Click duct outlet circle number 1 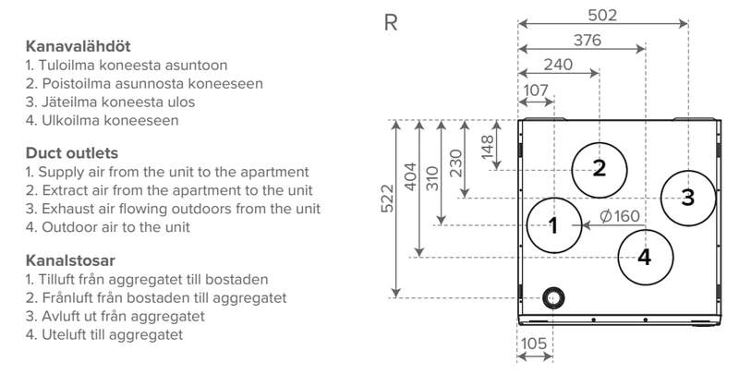click(554, 224)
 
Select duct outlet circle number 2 click(599, 168)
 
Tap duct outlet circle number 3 click(687, 196)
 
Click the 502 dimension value click(602, 15)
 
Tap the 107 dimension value click(536, 90)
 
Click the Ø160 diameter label click(619, 216)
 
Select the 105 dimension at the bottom click(533, 344)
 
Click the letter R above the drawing click(391, 22)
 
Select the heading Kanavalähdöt click(78, 45)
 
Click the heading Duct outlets click(70, 152)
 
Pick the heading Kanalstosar click(70, 260)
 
